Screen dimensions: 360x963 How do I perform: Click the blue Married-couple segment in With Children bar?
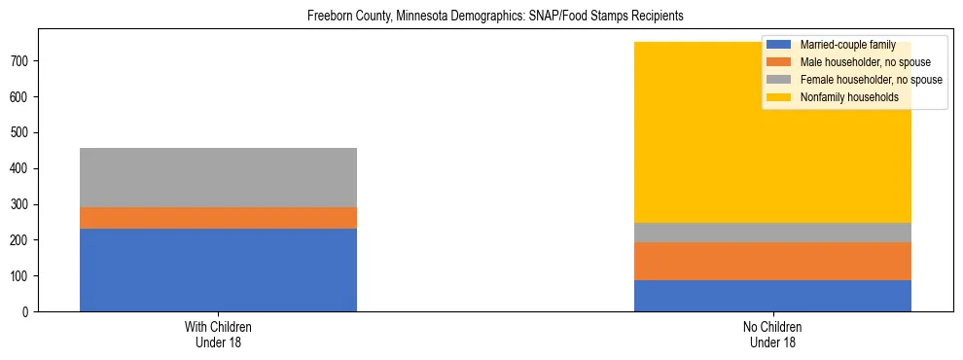tap(218, 270)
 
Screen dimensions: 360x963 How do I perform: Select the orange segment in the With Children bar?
tap(218, 218)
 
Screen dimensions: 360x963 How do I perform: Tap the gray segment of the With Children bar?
tap(218, 177)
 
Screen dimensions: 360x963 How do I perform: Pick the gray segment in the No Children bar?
tap(772, 233)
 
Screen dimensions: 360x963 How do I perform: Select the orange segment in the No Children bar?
tap(772, 261)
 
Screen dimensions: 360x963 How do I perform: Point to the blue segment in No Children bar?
tap(772, 296)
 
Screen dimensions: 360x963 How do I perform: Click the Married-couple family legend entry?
tap(840, 45)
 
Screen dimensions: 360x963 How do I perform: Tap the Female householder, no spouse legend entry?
tap(866, 80)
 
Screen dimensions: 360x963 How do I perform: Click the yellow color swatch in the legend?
tap(779, 97)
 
